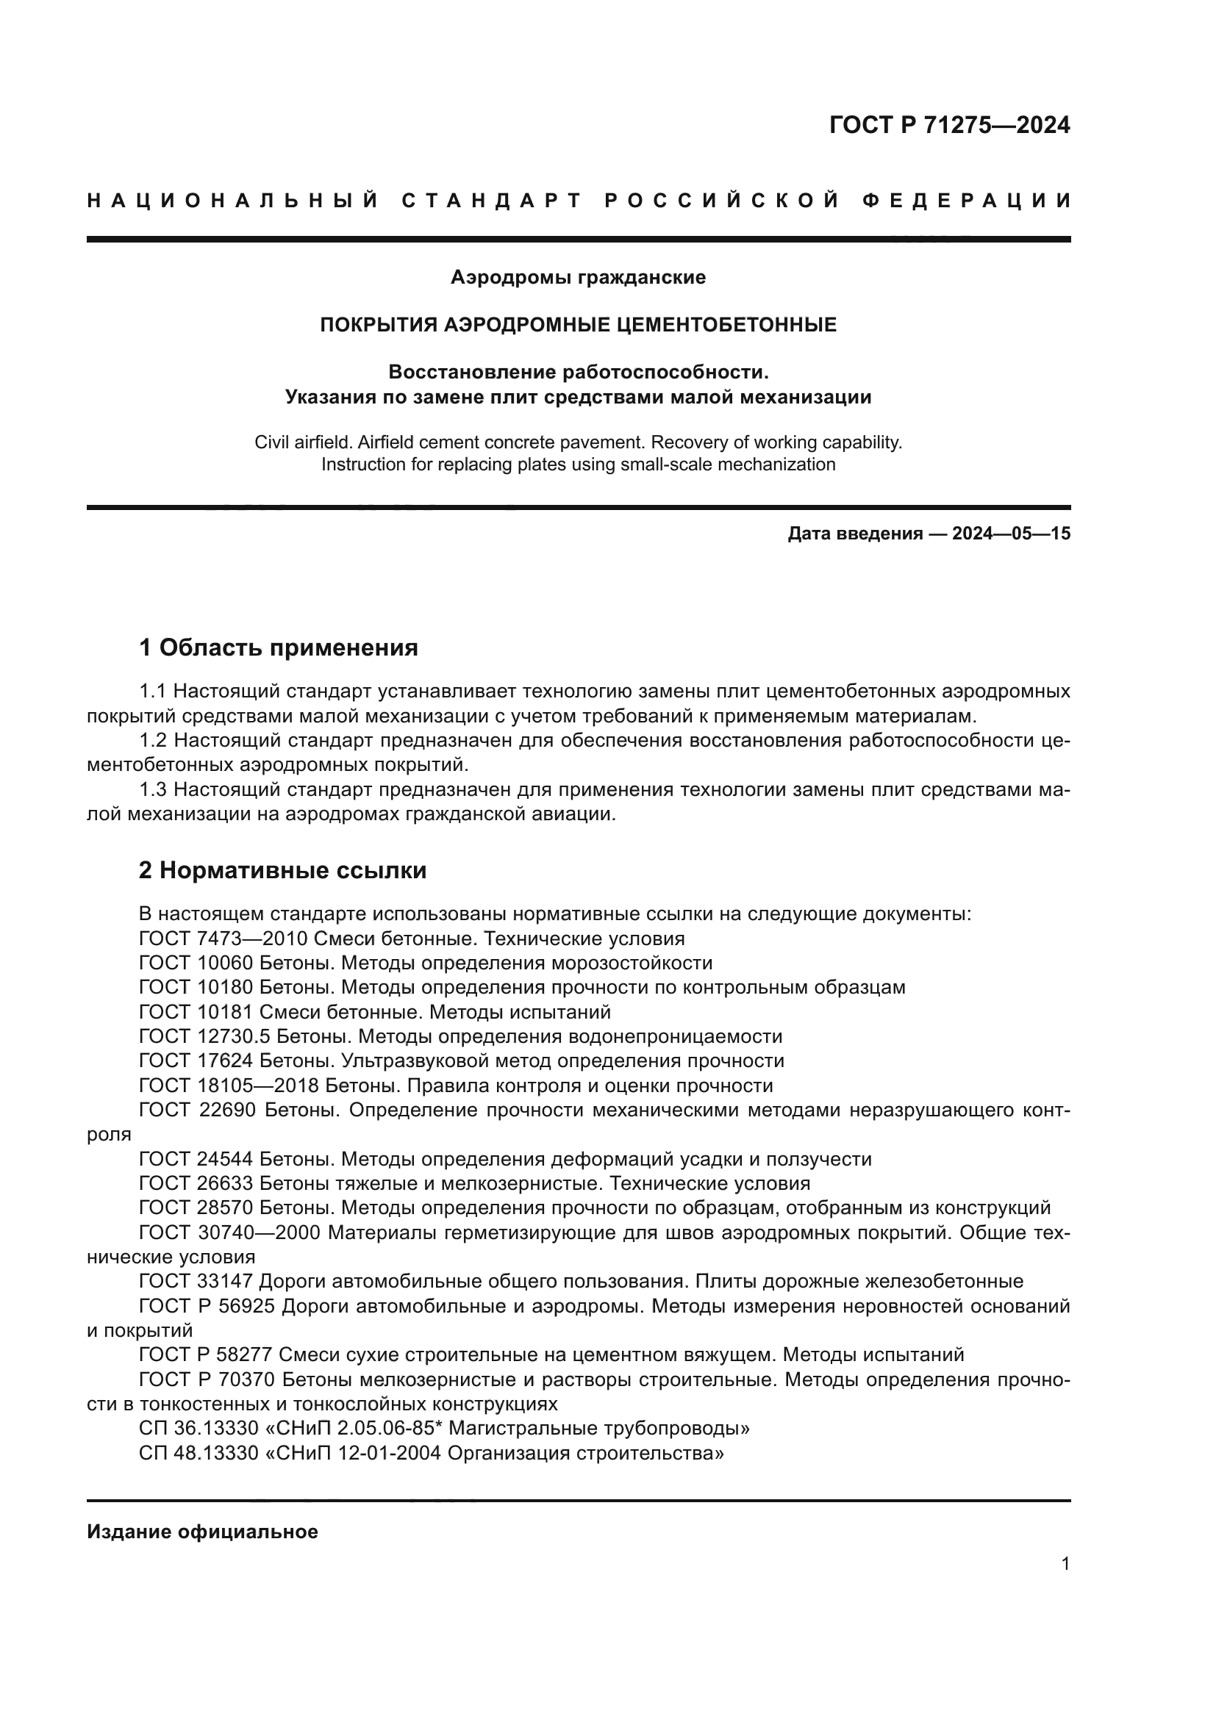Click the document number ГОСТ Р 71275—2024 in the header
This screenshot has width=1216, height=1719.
point(948,125)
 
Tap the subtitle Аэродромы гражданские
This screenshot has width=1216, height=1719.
point(578,278)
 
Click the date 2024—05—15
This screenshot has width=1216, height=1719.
point(1011,534)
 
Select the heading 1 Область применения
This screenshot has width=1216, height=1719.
point(279,647)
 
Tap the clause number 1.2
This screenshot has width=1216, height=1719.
point(154,741)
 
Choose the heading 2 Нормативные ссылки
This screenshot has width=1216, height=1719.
point(283,871)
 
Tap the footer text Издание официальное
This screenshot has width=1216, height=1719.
point(202,1532)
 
